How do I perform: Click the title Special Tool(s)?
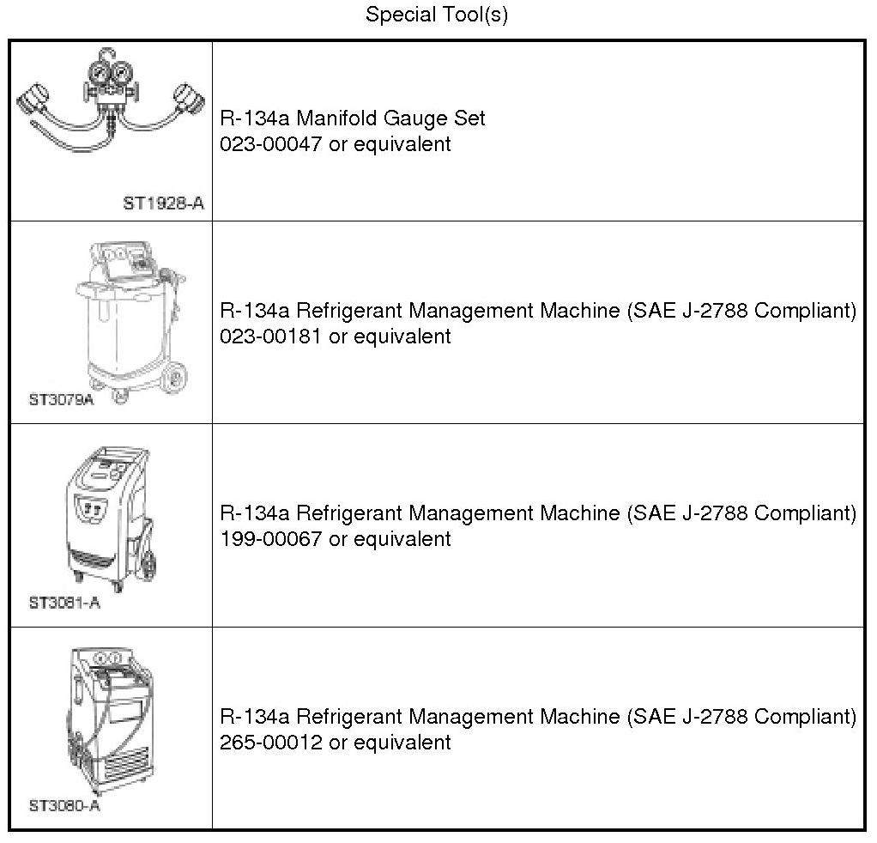[437, 15]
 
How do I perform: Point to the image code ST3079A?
[61, 399]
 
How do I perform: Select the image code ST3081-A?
[64, 603]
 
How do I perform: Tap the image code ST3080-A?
[64, 806]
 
